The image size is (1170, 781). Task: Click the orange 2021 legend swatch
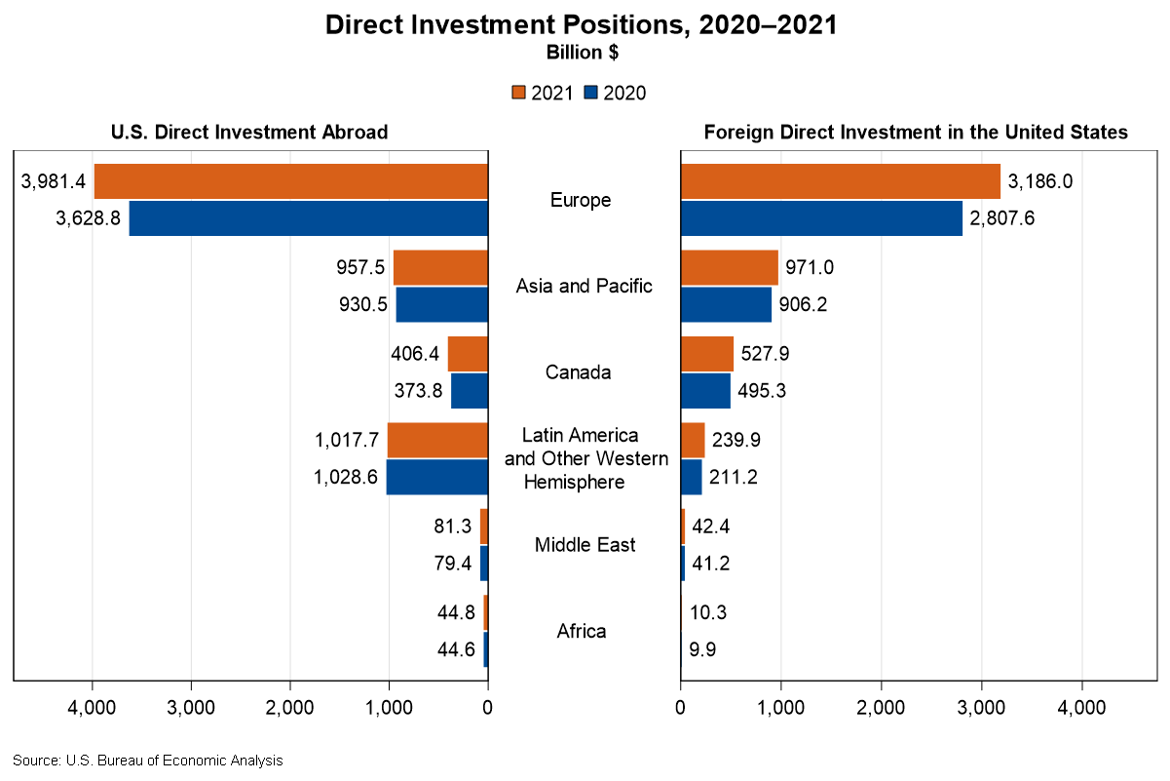coord(518,94)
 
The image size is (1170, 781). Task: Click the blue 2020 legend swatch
coord(590,94)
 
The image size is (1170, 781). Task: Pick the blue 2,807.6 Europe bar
coord(821,218)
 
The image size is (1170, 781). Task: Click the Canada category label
coord(579,372)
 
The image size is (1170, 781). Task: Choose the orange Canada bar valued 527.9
coord(707,354)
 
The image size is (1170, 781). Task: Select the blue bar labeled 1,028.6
coord(437,477)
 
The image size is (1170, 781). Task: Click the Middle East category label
coord(585,544)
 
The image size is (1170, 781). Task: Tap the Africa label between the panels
coord(582,631)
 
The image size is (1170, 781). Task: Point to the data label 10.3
coord(709,612)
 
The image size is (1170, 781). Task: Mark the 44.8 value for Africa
coord(454,612)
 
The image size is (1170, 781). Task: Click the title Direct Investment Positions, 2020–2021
coord(582,25)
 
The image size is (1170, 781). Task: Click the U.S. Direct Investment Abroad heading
coord(249,133)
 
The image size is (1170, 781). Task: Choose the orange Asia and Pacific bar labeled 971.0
coord(730,267)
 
